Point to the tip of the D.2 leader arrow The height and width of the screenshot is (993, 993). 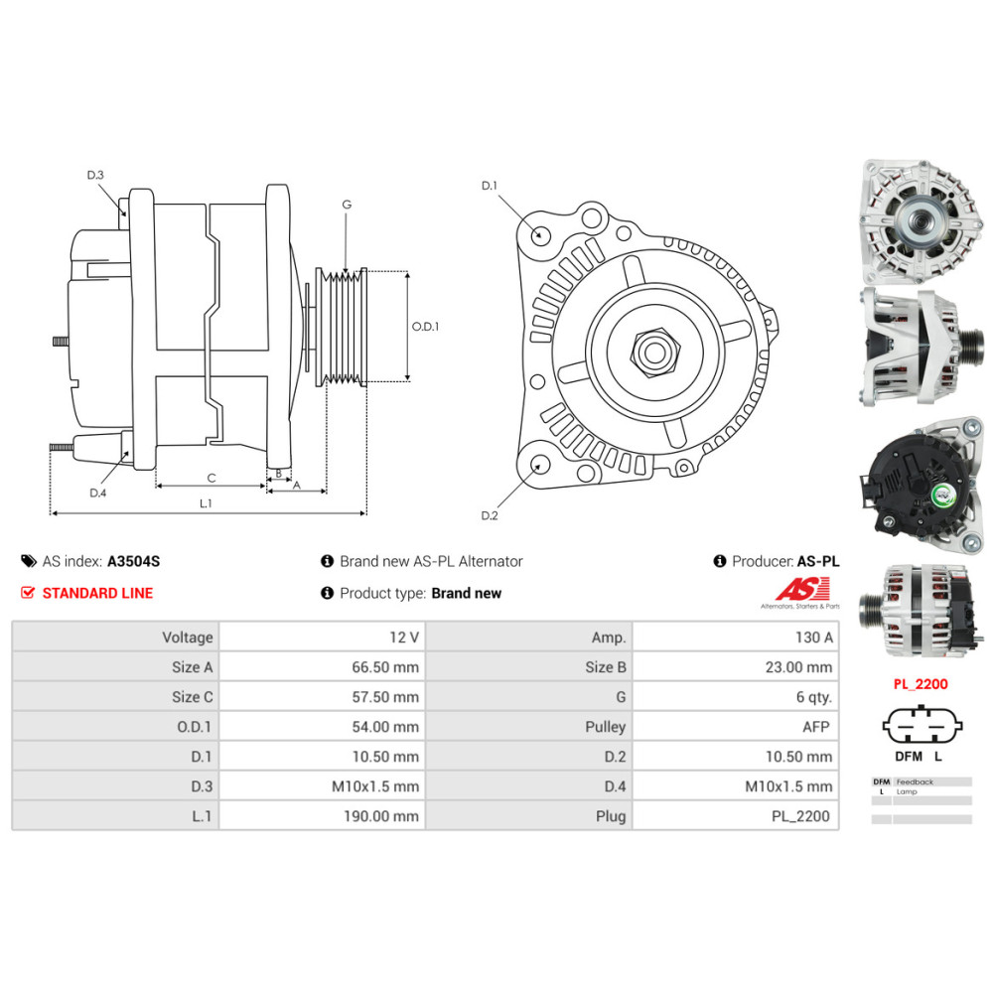pos(540,464)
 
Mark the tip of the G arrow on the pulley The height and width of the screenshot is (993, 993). pos(346,274)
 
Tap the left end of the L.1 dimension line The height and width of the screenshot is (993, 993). pos(51,513)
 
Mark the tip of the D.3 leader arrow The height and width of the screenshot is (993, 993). pos(125,214)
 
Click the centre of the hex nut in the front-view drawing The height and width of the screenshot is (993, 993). pos(655,352)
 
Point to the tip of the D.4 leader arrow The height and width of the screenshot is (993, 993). pos(128,451)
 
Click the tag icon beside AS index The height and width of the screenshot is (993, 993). pos(29,561)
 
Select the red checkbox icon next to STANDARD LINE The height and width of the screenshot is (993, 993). pos(27,593)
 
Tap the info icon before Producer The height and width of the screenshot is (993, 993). pos(719,561)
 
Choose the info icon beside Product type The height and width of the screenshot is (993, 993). pos(327,593)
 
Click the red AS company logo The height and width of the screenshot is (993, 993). pos(801,593)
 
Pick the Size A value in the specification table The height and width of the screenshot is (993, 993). pos(385,667)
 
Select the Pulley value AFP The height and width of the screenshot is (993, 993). pos(815,727)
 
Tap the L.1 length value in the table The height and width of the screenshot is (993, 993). pos(381,816)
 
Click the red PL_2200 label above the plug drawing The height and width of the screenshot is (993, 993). pos(921,684)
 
